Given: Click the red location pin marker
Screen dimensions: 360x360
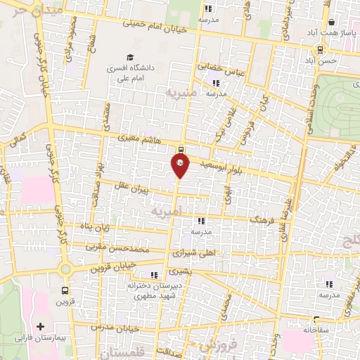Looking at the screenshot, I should tap(180, 165).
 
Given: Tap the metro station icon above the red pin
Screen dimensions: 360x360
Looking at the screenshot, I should tap(182, 149).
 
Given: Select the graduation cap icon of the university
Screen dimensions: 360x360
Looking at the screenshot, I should tap(129, 58).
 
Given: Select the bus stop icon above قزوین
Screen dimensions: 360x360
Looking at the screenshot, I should tap(65, 290).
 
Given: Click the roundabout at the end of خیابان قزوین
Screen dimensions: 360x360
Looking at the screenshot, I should tap(65, 269).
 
